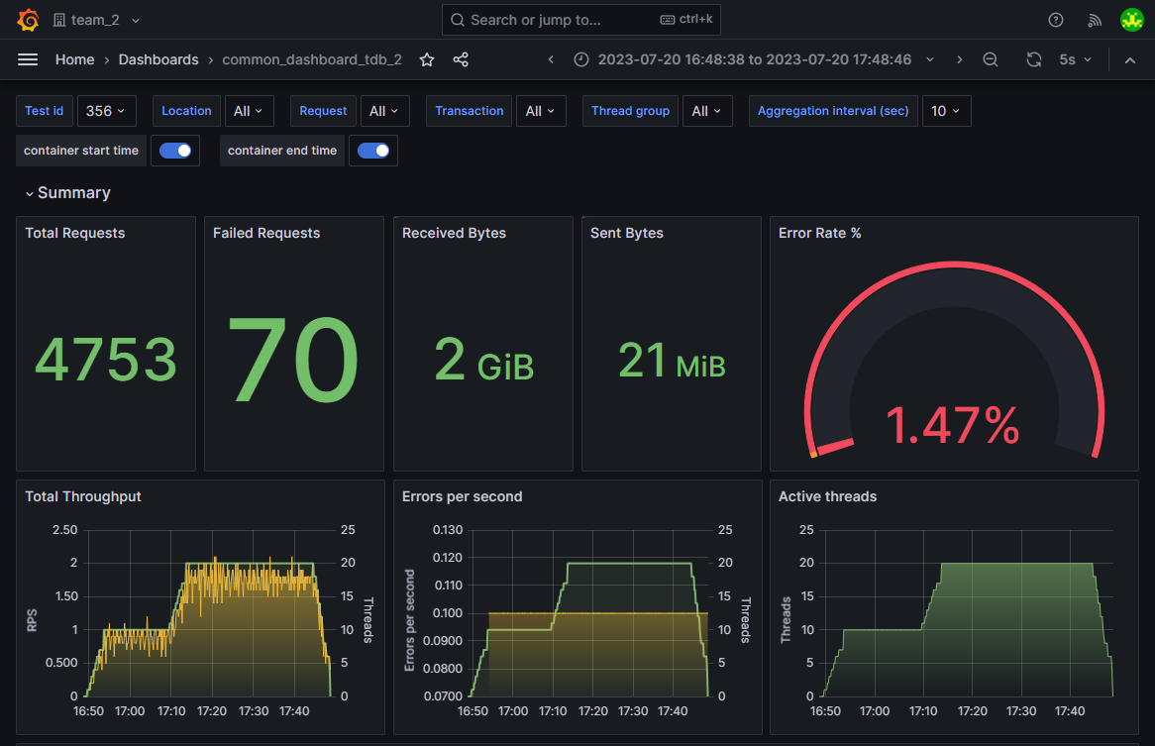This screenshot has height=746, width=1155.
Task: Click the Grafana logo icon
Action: click(28, 20)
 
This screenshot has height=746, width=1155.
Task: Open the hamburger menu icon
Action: click(28, 59)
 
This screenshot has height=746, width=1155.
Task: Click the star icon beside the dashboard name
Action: click(427, 59)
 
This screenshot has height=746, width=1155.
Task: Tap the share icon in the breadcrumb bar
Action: click(461, 59)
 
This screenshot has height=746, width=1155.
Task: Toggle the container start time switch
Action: click(175, 151)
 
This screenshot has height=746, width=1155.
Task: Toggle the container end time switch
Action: click(373, 151)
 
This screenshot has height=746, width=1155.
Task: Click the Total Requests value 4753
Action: click(106, 360)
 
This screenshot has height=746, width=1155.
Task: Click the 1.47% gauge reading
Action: click(952, 426)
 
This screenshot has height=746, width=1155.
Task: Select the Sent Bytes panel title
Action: click(627, 233)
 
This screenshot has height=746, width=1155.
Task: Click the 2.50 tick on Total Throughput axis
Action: click(65, 530)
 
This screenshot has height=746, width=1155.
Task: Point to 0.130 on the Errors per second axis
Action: click(448, 530)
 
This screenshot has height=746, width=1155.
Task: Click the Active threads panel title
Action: click(827, 496)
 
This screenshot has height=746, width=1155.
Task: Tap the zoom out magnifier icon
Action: click(991, 59)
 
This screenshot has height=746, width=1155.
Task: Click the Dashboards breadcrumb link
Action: click(158, 59)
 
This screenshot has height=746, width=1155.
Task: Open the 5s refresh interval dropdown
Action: click(1075, 59)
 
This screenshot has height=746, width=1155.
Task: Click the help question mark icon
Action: click(1056, 20)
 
